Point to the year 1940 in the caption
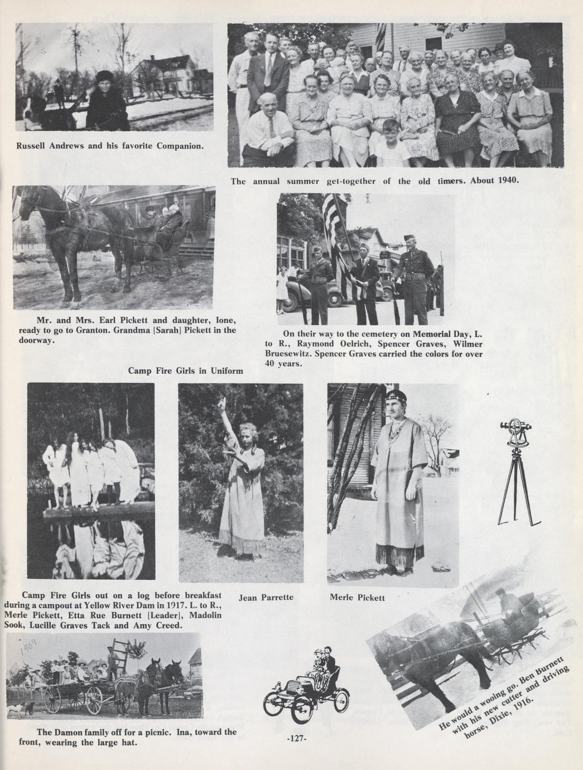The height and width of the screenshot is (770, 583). pyautogui.click(x=508, y=180)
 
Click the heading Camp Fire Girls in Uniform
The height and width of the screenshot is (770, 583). pyautogui.click(x=185, y=370)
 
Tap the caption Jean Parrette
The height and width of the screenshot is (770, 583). pyautogui.click(x=266, y=598)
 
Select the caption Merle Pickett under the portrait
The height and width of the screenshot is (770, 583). pyautogui.click(x=357, y=598)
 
